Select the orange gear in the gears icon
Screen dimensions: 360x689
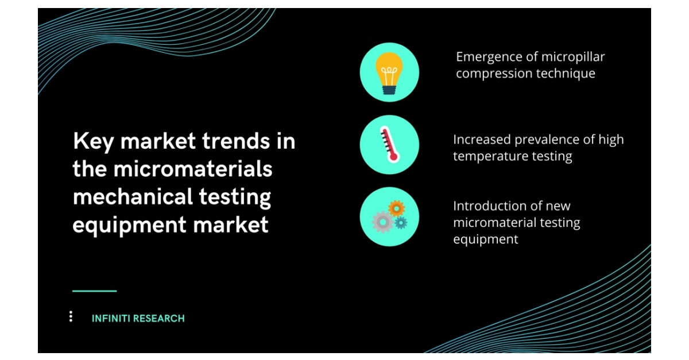[396, 207]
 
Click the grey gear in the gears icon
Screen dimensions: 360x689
[382, 221]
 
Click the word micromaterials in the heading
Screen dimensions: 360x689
[193, 169]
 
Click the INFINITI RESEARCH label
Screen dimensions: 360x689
[138, 318]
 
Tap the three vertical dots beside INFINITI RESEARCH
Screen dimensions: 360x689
[71, 316]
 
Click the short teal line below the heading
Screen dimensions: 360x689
[94, 291]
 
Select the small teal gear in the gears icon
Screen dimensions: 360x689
[401, 222]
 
